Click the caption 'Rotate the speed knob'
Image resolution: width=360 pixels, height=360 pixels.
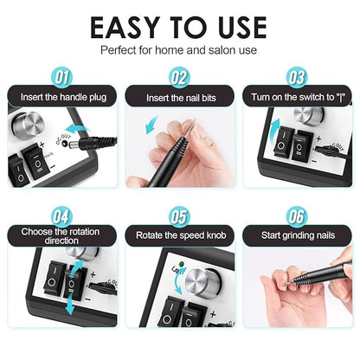(179, 235)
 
